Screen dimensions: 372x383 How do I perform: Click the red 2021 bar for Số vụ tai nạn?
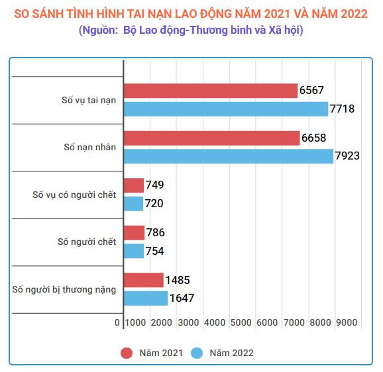[x=210, y=91]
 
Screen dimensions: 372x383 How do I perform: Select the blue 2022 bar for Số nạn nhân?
[x=228, y=156]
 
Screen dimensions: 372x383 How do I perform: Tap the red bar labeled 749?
[x=133, y=185]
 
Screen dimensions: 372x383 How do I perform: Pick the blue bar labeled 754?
[x=133, y=251]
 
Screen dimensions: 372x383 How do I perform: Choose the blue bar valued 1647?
[x=145, y=298]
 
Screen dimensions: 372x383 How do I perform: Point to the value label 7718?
[x=344, y=109]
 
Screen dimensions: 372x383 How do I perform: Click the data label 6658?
[x=314, y=138]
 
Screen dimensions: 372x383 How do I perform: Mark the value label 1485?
[x=178, y=280]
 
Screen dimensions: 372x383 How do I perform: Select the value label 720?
[x=154, y=203]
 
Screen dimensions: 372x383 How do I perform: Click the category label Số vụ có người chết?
[x=74, y=195]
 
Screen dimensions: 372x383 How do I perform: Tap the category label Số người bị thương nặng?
[x=64, y=289]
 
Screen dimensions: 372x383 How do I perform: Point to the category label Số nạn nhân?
[x=90, y=147]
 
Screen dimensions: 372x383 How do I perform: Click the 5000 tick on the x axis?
[x=241, y=322]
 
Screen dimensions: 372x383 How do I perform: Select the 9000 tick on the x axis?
[x=346, y=322]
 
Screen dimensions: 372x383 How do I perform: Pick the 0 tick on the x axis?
[x=117, y=322]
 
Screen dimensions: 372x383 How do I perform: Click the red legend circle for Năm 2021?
[x=127, y=353]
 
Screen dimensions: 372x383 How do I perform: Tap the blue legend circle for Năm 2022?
[x=197, y=353]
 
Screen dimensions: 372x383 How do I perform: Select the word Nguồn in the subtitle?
[x=99, y=30]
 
